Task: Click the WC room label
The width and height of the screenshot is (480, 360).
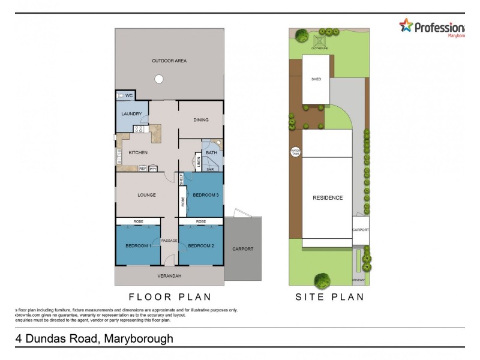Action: click(x=129, y=96)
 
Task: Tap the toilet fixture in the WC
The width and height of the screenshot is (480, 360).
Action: click(x=120, y=95)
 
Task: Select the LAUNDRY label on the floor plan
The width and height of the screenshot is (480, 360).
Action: click(x=131, y=114)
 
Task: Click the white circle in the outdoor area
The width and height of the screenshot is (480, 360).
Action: click(x=158, y=79)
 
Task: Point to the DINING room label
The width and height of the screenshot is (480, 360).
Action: click(x=201, y=120)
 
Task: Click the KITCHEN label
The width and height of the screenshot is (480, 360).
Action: click(x=138, y=153)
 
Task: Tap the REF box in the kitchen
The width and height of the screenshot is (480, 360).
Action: click(x=143, y=169)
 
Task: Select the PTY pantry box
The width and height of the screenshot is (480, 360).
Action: click(x=153, y=169)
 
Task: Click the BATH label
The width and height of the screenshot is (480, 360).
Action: click(x=211, y=153)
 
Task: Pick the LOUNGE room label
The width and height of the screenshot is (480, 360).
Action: click(x=146, y=195)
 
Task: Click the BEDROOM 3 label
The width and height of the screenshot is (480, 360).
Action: click(x=206, y=195)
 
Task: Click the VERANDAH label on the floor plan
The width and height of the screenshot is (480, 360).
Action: click(x=169, y=276)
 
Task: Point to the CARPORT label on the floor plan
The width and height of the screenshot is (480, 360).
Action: click(x=243, y=249)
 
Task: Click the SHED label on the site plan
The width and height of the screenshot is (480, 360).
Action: click(x=316, y=79)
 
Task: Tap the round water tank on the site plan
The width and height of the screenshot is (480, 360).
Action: click(x=295, y=152)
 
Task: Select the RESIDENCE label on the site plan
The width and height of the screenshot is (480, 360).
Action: click(x=328, y=198)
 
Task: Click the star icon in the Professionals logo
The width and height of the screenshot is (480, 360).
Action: click(x=407, y=25)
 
